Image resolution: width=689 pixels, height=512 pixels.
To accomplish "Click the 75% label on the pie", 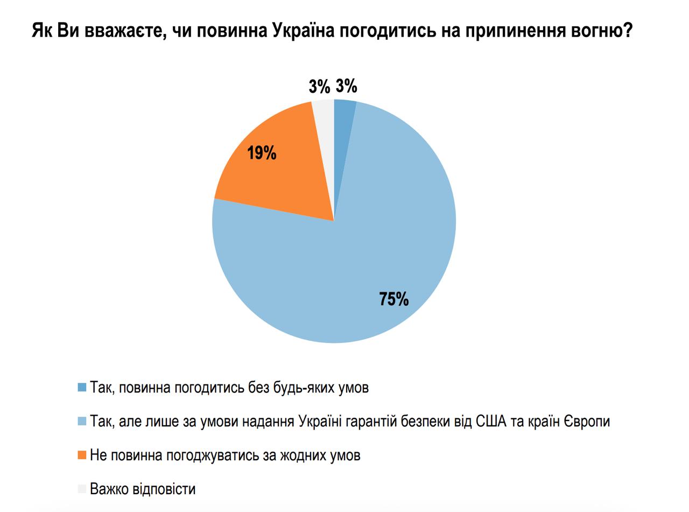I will tap(393, 299).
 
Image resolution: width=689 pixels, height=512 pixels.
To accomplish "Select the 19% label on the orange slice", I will tap(262, 153).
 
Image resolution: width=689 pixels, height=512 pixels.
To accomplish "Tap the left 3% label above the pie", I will tap(319, 87).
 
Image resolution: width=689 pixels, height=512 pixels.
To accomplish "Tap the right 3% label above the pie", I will tap(346, 86).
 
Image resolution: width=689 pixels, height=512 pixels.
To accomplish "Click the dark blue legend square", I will tap(82, 387).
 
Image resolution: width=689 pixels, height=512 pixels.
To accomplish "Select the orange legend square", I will tap(82, 455).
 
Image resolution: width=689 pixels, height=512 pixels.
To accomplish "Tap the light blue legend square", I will tap(82, 421).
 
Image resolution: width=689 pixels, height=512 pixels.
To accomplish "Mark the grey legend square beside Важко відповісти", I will tap(82, 489).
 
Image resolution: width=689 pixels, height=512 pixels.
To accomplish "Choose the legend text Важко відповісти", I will tap(143, 489).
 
